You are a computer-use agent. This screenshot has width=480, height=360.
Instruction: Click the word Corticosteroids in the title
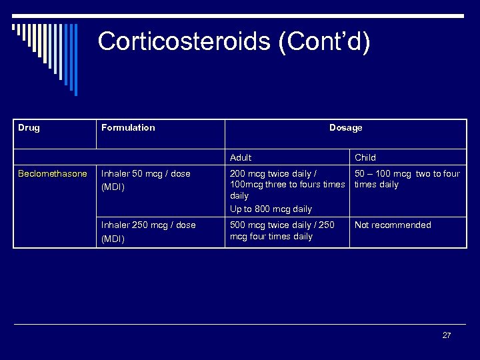click(183, 41)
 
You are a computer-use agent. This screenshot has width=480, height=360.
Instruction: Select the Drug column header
click(29, 127)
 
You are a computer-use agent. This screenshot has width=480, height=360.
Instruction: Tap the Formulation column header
click(128, 127)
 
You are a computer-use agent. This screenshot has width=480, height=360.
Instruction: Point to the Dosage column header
click(345, 127)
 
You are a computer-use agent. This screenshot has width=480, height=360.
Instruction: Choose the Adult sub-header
click(241, 157)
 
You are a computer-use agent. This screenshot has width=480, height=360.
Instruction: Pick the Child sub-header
click(365, 157)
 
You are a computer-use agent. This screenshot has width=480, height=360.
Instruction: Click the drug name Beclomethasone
click(53, 173)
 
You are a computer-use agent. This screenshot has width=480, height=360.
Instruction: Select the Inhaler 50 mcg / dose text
click(145, 173)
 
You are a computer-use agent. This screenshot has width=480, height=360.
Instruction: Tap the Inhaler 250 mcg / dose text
click(148, 225)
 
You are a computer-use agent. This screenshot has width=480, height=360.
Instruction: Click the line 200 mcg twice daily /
click(273, 173)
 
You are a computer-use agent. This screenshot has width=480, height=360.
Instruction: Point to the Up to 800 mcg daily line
click(271, 209)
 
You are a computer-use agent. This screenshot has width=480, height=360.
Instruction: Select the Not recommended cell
click(393, 225)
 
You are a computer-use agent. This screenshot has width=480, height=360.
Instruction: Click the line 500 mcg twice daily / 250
click(282, 225)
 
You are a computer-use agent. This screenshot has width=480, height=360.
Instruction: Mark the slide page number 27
click(447, 335)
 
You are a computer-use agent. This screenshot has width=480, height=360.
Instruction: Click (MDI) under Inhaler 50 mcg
click(113, 187)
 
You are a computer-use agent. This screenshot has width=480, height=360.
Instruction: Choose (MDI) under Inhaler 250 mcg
click(113, 238)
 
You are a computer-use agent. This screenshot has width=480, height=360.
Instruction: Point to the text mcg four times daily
click(271, 236)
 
